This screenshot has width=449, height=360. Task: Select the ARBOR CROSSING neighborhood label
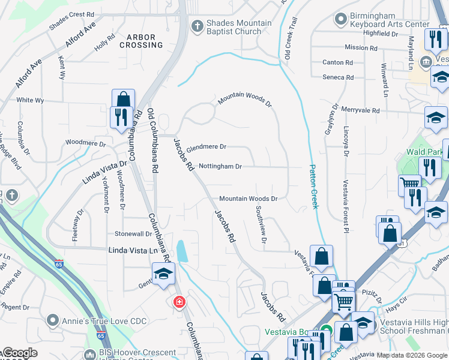coord(141,41)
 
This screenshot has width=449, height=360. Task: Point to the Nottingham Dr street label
coord(220,166)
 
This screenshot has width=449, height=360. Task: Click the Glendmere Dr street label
coord(206,147)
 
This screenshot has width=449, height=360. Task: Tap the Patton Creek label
coord(313,186)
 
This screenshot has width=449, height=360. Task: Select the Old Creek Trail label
coord(291,37)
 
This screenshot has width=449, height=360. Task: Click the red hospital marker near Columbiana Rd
coord(178,302)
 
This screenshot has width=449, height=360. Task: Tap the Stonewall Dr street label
coord(133,234)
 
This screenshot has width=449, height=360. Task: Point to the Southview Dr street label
coord(261,224)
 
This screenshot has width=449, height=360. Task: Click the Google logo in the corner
coord(19,353)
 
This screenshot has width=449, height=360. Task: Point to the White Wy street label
coord(30,100)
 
